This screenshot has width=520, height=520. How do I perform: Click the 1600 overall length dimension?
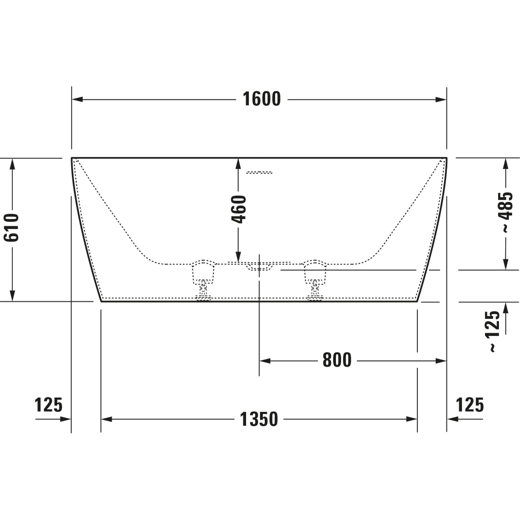tap(261, 99)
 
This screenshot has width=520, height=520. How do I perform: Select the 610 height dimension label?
tap(11, 227)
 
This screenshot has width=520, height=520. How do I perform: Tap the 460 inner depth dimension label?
tap(239, 209)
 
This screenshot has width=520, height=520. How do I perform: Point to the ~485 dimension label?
tap(506, 212)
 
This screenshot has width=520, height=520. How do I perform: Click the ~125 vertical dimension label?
tap(494, 331)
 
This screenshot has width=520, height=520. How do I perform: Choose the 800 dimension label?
tap(337, 360)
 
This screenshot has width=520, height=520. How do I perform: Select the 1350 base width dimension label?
tap(259, 419)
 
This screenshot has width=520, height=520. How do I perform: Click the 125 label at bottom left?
tap(49, 405)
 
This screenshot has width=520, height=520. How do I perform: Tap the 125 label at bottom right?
tap(469, 405)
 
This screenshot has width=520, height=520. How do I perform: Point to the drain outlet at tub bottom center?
tap(259, 266)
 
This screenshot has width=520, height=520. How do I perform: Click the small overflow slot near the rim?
tap(259, 172)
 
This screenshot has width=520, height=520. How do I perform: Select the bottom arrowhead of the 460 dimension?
tap(239, 257)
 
